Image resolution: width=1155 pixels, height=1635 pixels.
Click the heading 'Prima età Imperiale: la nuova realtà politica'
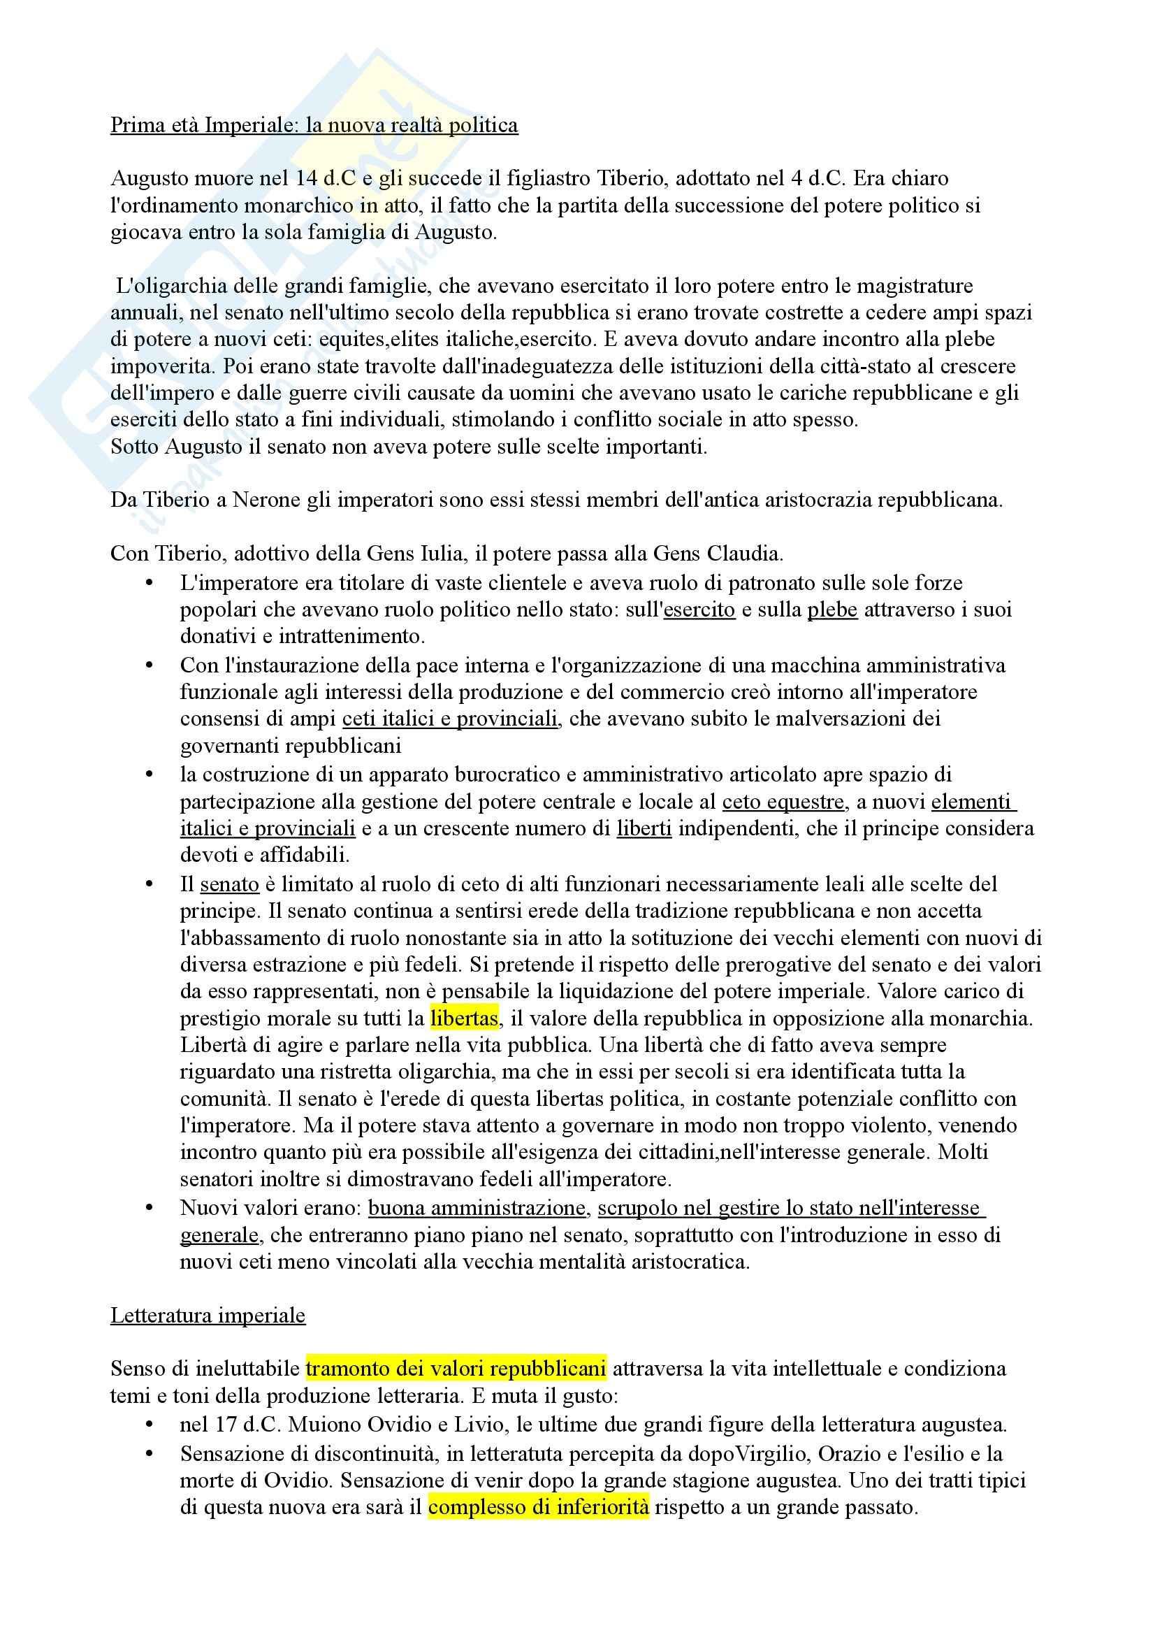click(x=314, y=125)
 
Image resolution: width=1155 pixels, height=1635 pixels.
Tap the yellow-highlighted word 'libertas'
click(x=464, y=1018)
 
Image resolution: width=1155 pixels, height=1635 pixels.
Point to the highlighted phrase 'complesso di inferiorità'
click(x=538, y=1507)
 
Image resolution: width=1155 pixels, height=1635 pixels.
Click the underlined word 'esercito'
click(x=699, y=610)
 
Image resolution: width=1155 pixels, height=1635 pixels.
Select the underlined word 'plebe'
click(x=832, y=610)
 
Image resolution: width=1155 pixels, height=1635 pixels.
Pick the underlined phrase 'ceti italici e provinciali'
click(x=450, y=719)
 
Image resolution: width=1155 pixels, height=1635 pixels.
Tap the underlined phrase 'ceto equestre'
click(x=783, y=802)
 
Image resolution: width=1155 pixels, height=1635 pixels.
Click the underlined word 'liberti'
click(x=644, y=828)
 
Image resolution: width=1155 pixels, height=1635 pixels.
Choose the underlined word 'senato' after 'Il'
click(x=229, y=884)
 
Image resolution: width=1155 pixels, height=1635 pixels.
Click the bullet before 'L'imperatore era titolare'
click(x=150, y=583)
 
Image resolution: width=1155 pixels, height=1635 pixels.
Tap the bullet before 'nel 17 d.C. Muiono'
click(x=150, y=1425)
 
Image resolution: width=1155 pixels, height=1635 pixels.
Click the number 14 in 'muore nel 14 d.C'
click(x=306, y=178)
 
